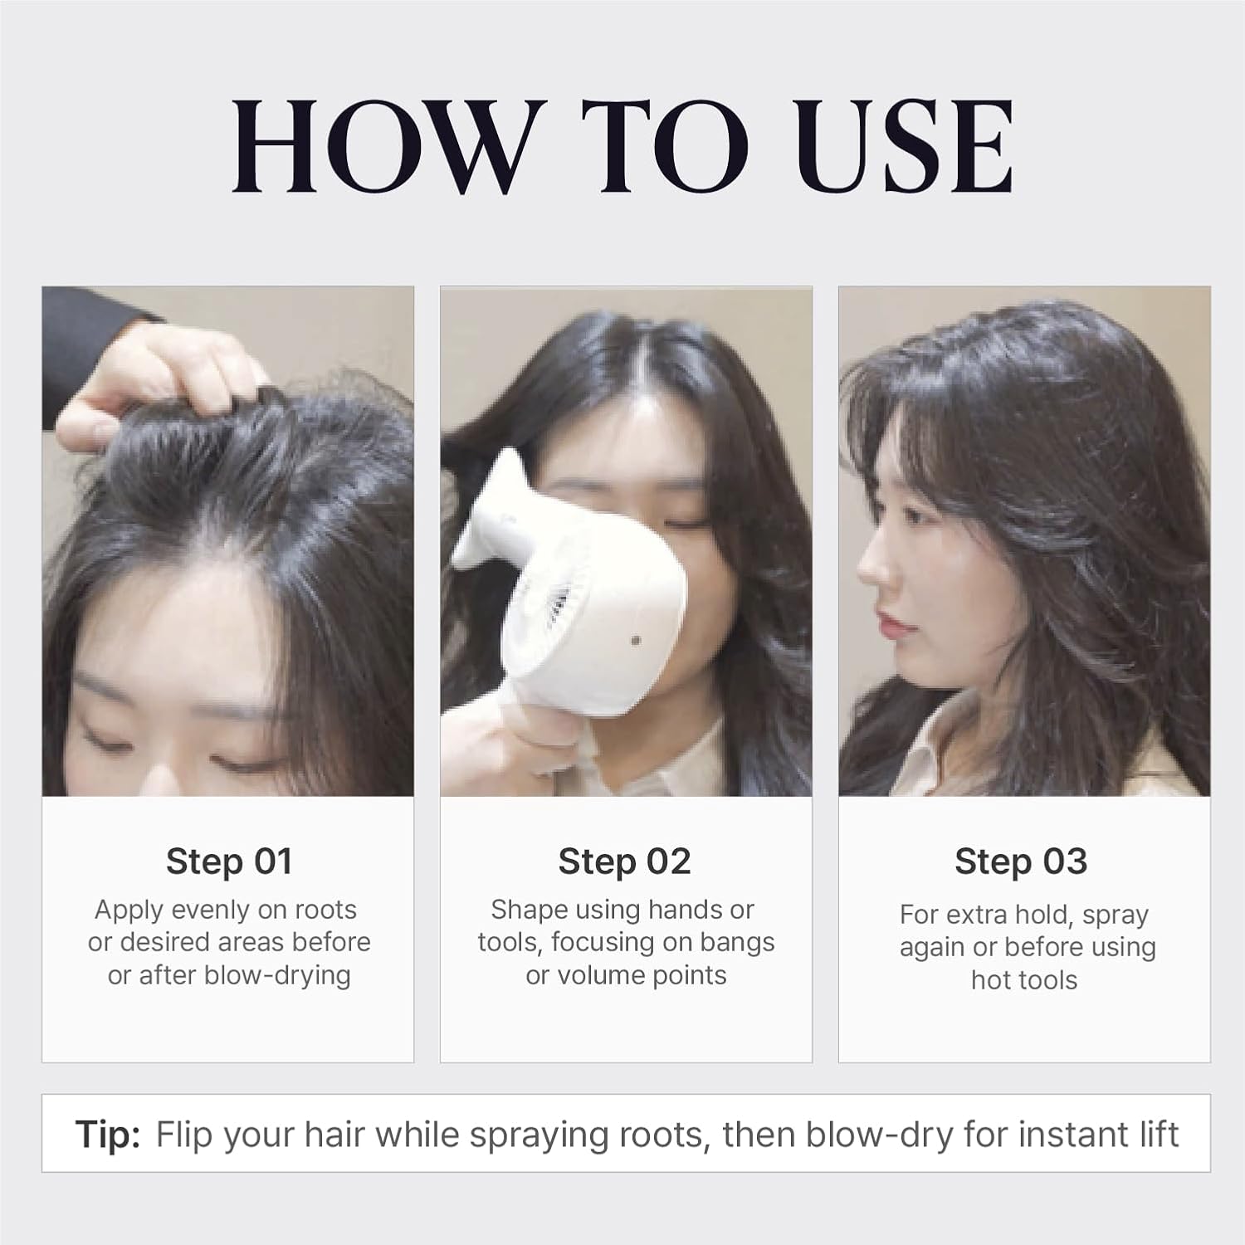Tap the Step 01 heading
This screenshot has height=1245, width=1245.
(x=229, y=862)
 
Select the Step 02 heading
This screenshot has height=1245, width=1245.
(x=624, y=862)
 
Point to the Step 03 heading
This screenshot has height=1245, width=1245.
(x=1021, y=862)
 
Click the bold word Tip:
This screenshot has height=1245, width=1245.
(x=108, y=1135)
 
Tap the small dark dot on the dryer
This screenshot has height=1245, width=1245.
(x=636, y=641)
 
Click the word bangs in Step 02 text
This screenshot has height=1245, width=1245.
(x=736, y=943)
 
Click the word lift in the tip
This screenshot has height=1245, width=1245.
(x=1156, y=1135)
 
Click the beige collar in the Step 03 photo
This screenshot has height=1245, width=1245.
(x=946, y=747)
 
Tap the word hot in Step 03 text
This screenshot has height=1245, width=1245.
(x=992, y=980)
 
